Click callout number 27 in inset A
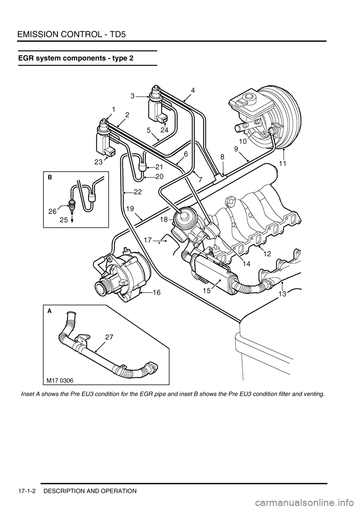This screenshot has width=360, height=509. pos(109,337)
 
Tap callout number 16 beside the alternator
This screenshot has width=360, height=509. pos(156,293)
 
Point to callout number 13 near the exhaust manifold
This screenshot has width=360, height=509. pos(282,294)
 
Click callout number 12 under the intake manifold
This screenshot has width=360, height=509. pos(267,254)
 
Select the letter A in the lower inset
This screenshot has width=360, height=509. pos(49,311)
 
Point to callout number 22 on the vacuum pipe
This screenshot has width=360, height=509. pos(138,192)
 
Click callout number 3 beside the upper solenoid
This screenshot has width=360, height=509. pos(133,96)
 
